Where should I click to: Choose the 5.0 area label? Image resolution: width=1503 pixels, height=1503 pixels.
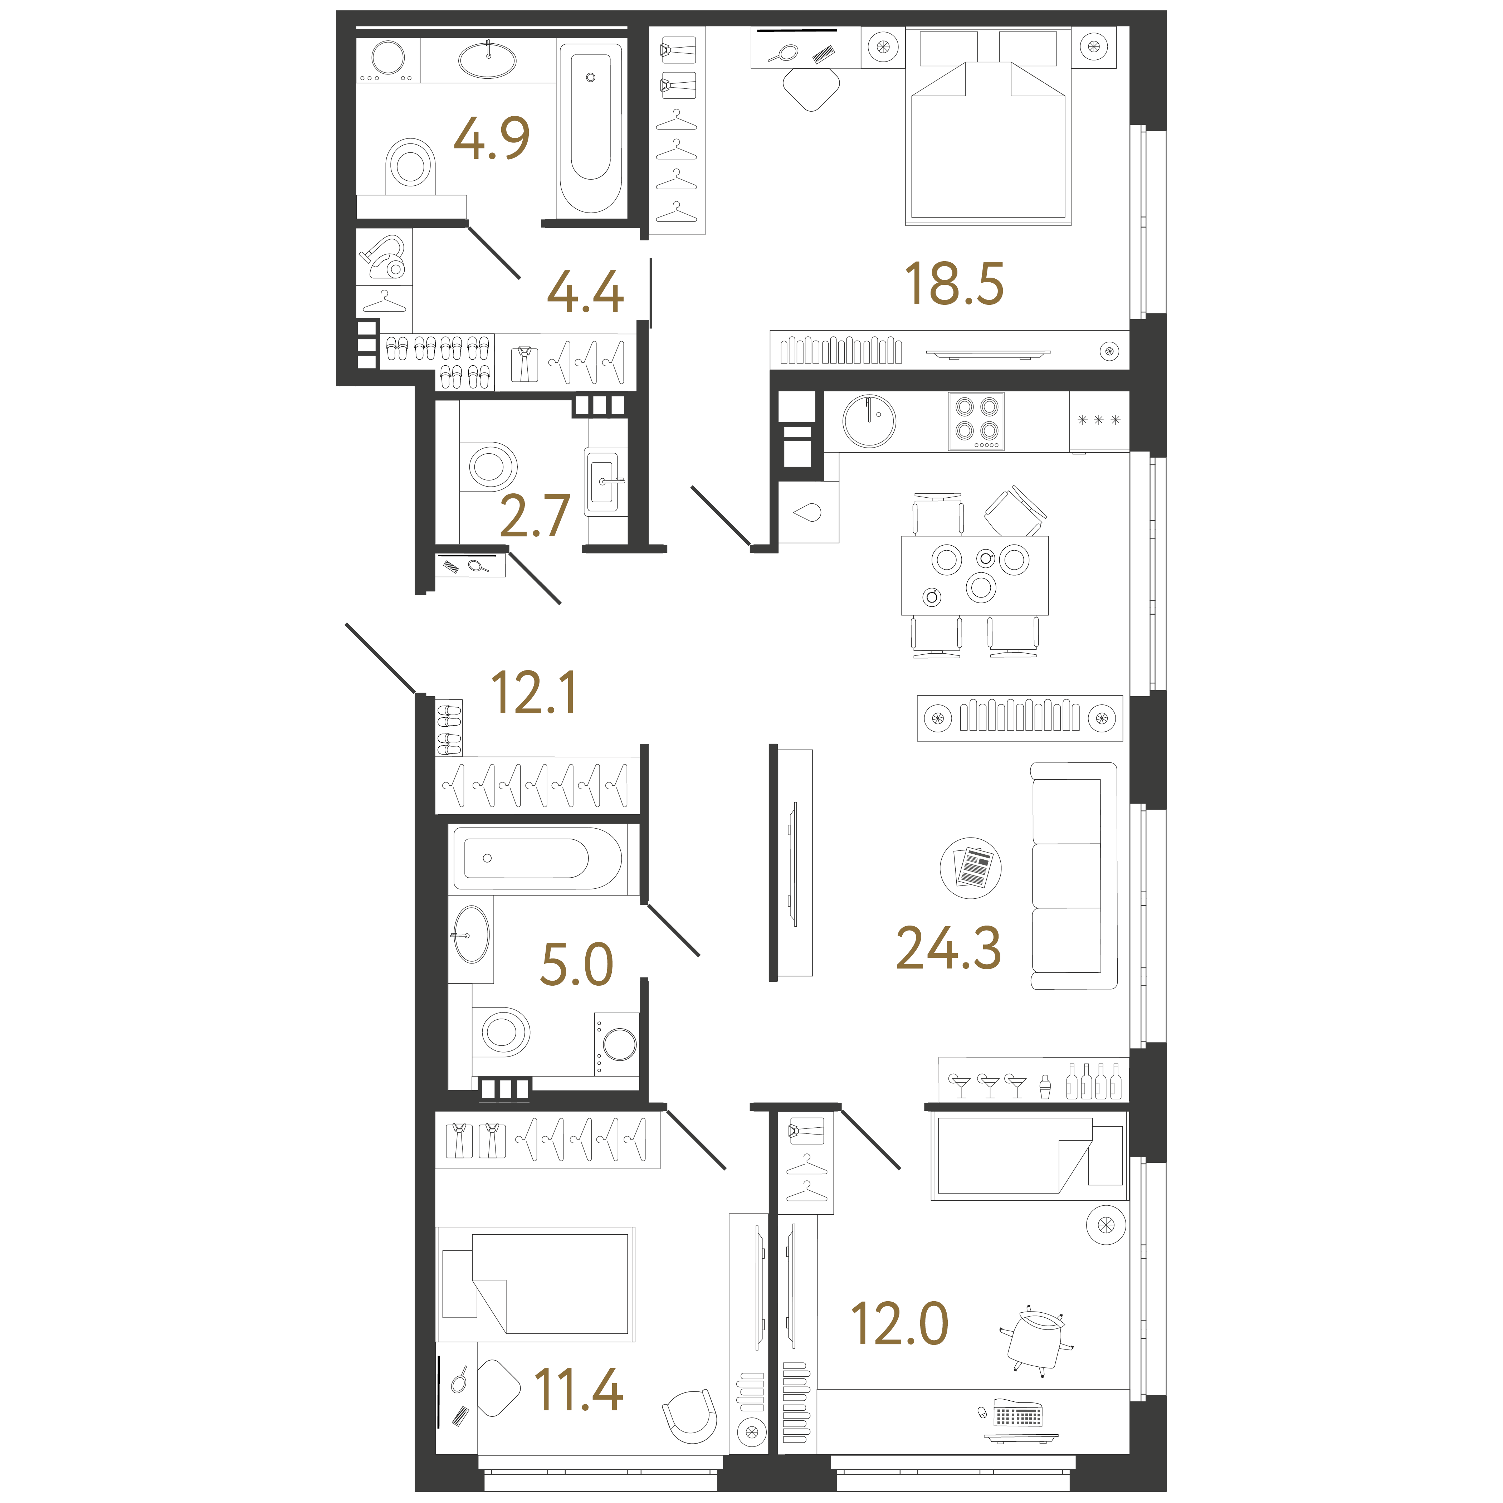576,965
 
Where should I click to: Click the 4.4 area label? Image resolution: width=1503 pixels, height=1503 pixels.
585,292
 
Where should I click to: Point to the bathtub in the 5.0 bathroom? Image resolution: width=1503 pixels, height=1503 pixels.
538,858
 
